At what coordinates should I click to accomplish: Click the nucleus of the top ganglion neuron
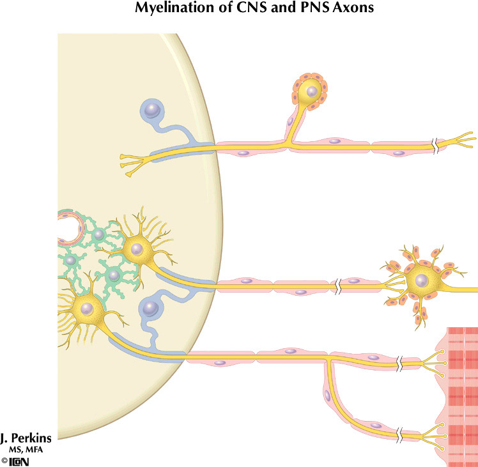[311, 92]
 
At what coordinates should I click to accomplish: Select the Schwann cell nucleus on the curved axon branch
[328, 397]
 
